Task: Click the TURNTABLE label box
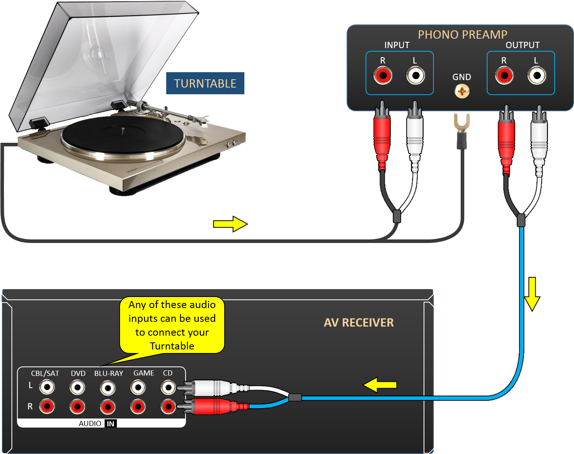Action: point(205,83)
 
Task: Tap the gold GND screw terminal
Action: point(461,92)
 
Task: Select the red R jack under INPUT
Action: point(383,75)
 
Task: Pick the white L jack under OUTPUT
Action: point(536,75)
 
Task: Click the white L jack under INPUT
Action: point(415,75)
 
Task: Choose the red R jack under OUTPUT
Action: point(504,75)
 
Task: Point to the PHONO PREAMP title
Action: point(462,35)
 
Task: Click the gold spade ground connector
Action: point(461,123)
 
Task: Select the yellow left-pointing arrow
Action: point(380,385)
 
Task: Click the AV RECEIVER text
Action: point(358,323)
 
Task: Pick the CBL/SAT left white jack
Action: point(47,387)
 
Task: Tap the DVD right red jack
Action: point(77,406)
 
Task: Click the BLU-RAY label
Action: point(109,373)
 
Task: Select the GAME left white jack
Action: point(138,387)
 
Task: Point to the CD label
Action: point(168,373)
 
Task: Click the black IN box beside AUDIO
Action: point(111,424)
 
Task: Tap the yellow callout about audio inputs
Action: point(172,325)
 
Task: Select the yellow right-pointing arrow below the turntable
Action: point(230,224)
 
